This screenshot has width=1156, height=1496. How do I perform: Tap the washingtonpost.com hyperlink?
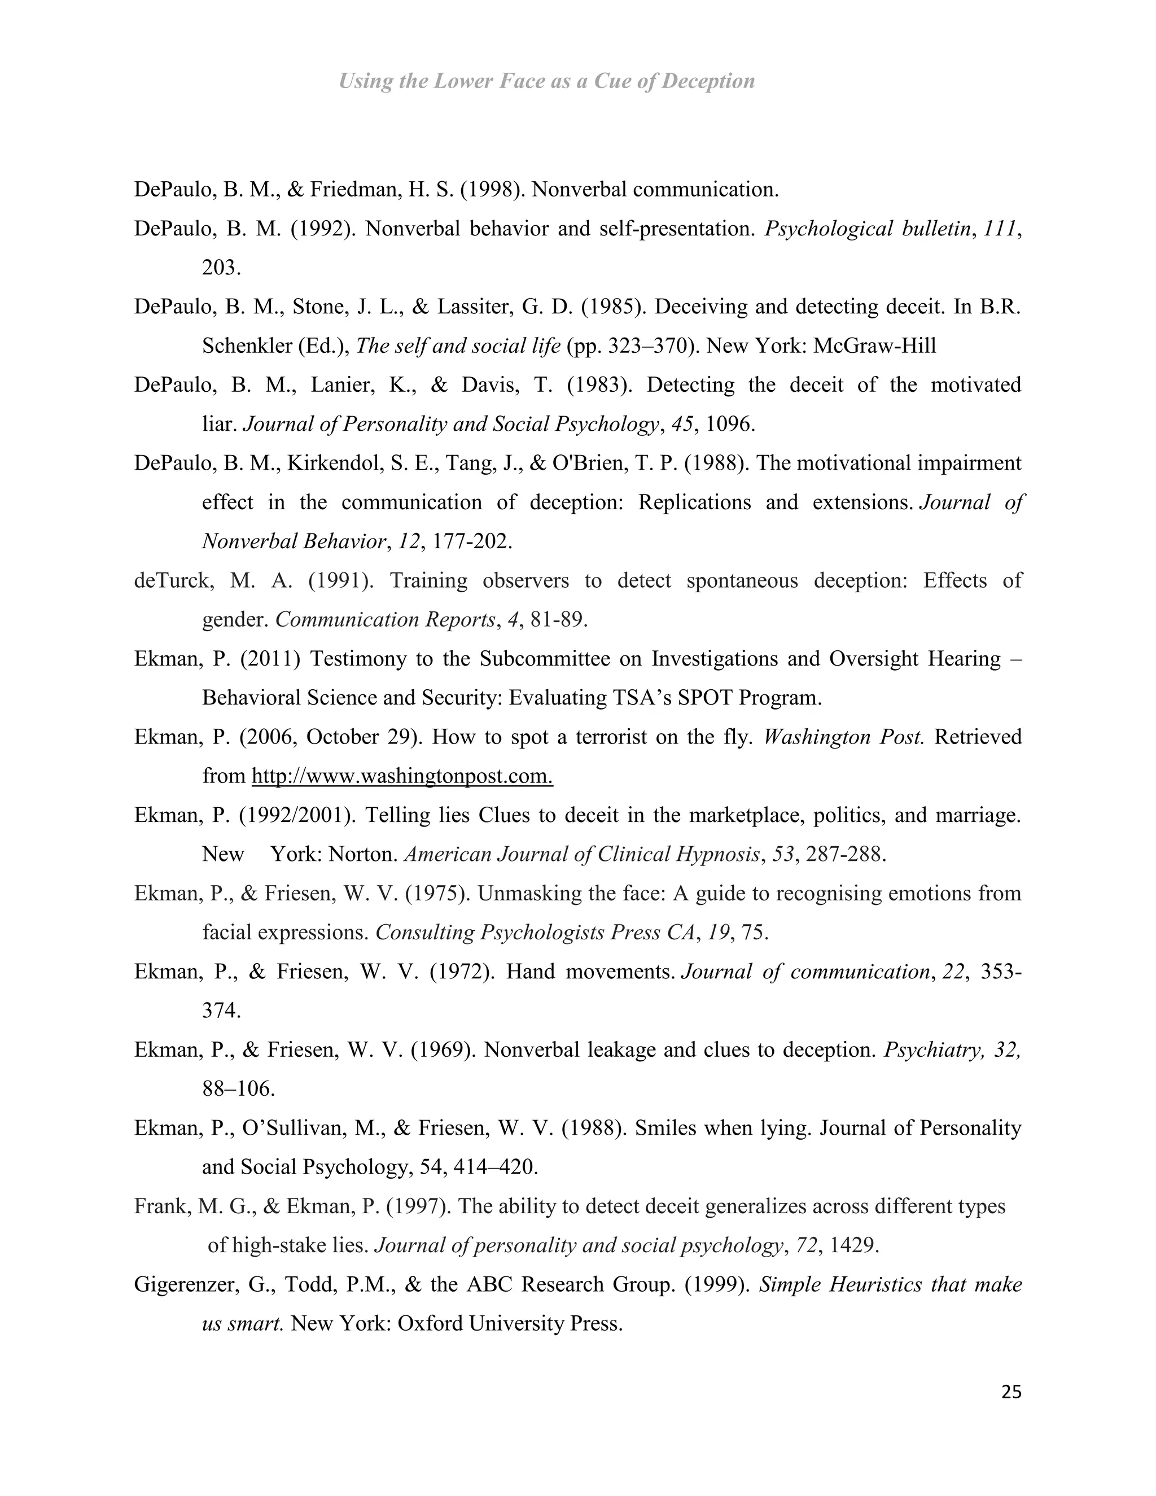pyautogui.click(x=402, y=776)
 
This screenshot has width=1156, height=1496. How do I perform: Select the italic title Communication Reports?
pyautogui.click(x=385, y=620)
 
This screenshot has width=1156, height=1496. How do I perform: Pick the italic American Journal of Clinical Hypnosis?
pyautogui.click(x=582, y=855)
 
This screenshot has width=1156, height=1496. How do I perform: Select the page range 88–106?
pyautogui.click(x=238, y=1089)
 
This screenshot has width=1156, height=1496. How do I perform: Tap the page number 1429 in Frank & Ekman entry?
pyautogui.click(x=853, y=1245)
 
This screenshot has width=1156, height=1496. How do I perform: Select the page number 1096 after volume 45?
pyautogui.click(x=730, y=424)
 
